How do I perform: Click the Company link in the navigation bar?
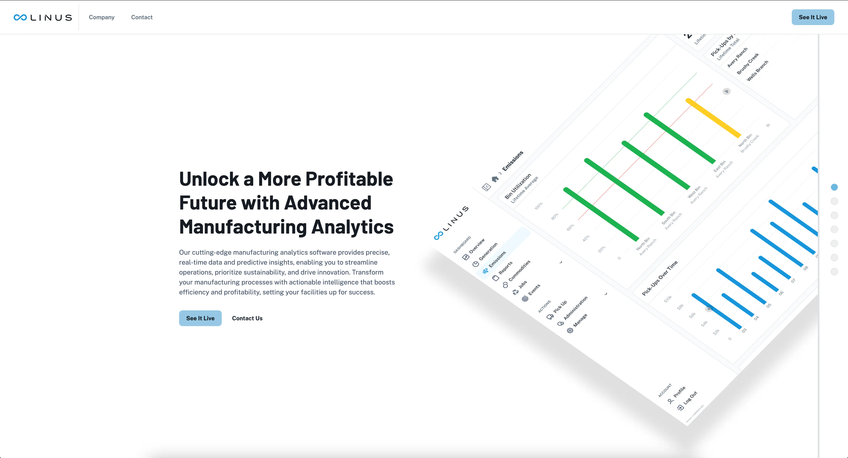pyautogui.click(x=101, y=17)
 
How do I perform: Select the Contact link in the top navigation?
pyautogui.click(x=141, y=17)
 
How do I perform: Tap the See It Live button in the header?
pyautogui.click(x=812, y=17)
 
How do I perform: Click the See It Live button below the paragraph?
pyautogui.click(x=200, y=318)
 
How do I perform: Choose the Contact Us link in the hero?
pyautogui.click(x=247, y=318)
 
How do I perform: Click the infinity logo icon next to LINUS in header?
pyautogui.click(x=20, y=17)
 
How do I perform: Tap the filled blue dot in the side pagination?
pyautogui.click(x=834, y=187)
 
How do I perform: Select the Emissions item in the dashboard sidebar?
pyautogui.click(x=497, y=259)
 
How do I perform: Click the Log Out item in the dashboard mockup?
pyautogui.click(x=690, y=398)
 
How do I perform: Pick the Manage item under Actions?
pyautogui.click(x=580, y=320)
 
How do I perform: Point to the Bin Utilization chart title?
pyautogui.click(x=518, y=186)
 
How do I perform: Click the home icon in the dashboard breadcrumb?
pyautogui.click(x=495, y=179)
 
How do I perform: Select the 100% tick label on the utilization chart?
pyautogui.click(x=539, y=206)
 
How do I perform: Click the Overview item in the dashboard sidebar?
pyautogui.click(x=477, y=246)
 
